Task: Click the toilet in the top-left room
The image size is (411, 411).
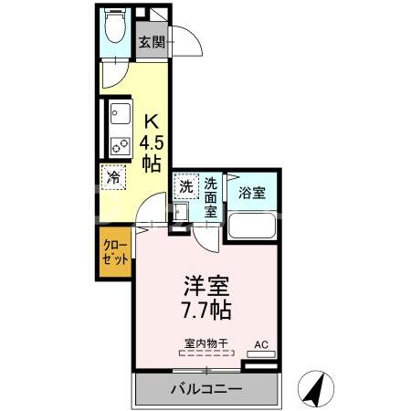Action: click(115, 28)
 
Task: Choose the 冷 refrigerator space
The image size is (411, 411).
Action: click(115, 177)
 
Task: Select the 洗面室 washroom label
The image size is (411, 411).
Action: click(210, 196)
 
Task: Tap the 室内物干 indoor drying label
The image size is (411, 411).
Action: click(205, 343)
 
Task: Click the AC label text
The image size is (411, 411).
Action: click(260, 344)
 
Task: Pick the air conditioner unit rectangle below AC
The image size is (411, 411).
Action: click(260, 355)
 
